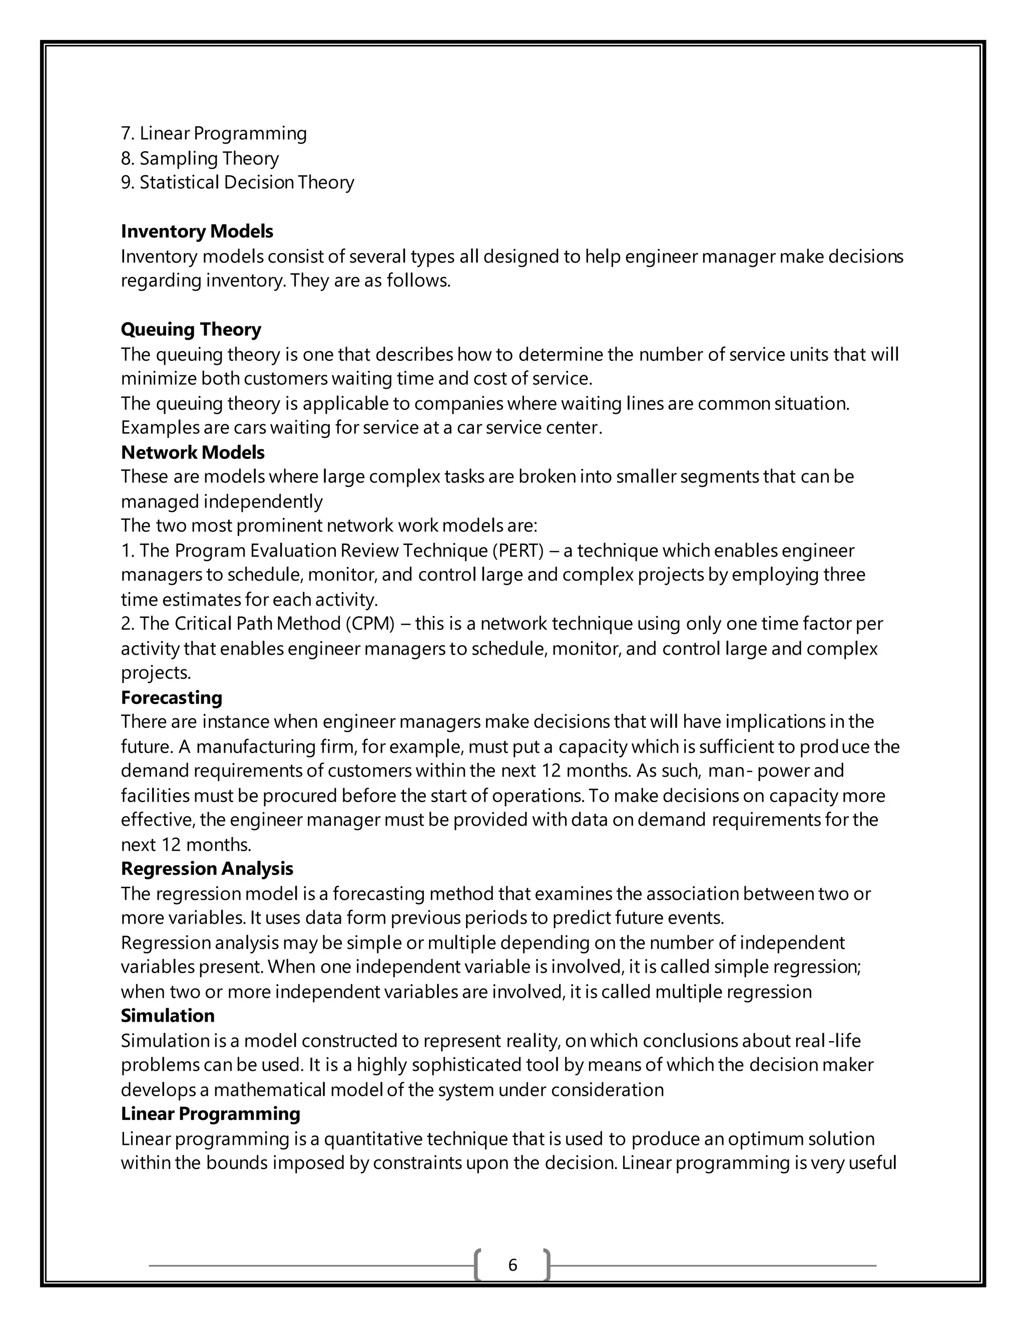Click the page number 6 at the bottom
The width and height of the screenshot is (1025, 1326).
click(x=512, y=1264)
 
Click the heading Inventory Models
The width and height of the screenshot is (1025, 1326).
click(x=197, y=231)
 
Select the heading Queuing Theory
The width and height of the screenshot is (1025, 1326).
click(x=191, y=329)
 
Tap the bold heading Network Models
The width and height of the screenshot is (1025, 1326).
click(x=193, y=452)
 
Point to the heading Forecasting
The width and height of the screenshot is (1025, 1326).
click(x=171, y=697)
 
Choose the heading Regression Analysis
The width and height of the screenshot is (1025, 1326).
click(x=207, y=868)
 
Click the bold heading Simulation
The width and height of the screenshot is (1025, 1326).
click(x=168, y=1016)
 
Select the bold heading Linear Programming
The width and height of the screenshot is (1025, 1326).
click(x=210, y=1113)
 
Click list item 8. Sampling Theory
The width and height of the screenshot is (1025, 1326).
click(x=200, y=159)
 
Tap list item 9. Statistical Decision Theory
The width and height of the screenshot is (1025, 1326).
click(x=237, y=182)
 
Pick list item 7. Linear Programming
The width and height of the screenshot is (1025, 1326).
click(x=214, y=134)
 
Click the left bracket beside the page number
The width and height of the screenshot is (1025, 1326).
click(x=478, y=1264)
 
